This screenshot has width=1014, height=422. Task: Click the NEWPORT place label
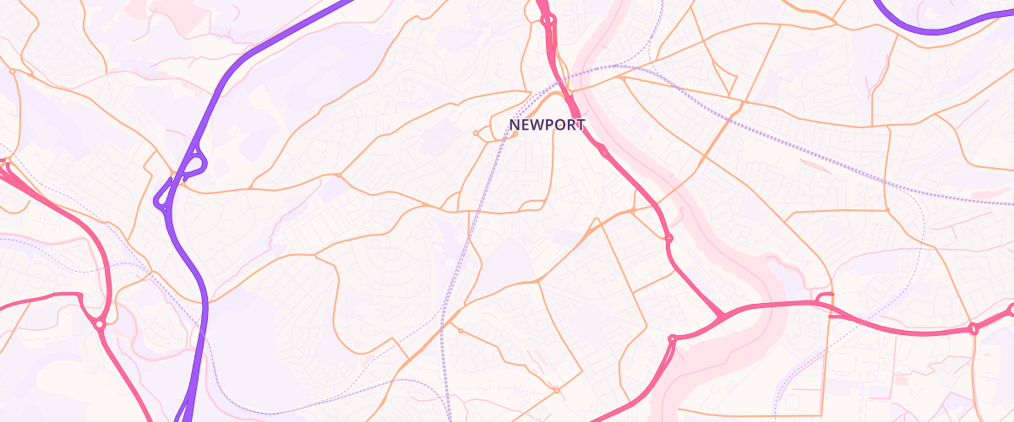[547, 125]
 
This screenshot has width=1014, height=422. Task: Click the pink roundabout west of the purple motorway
[100, 323]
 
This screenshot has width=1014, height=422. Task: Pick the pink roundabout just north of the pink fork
[668, 238]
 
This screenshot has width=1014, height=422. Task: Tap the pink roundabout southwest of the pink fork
[673, 340]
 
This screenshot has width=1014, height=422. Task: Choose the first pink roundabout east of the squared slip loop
[973, 328]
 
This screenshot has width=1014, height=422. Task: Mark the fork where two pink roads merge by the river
[722, 316]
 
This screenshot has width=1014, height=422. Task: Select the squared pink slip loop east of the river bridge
[825, 300]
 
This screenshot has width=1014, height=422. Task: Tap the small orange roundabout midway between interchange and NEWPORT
[338, 176]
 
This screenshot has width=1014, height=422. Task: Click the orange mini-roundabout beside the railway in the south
[461, 330]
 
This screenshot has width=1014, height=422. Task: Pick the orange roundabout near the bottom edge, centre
[556, 390]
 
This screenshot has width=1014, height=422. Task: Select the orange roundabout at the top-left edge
[13, 72]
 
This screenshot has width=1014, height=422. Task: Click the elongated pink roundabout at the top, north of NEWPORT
[545, 17]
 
